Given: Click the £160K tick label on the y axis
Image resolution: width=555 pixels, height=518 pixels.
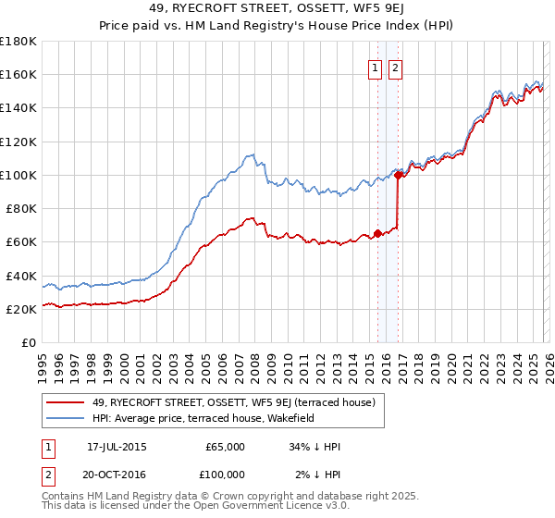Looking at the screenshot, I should (x=18, y=75).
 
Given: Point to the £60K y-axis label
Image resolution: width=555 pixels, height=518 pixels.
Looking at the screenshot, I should (x=21, y=242).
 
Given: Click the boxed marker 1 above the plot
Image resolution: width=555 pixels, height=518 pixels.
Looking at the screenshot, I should (x=376, y=68).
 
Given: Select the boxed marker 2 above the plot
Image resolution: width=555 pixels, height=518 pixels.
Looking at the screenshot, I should (x=396, y=68).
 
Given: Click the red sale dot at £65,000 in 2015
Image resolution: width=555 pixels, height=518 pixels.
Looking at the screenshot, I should (x=377, y=233).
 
